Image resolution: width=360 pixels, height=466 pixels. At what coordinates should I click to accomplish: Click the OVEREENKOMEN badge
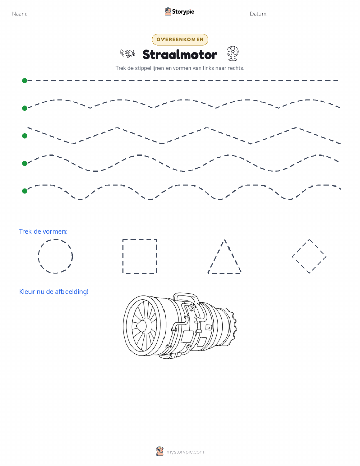(x=180, y=39)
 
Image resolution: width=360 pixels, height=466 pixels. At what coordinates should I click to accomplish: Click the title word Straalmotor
(x=180, y=55)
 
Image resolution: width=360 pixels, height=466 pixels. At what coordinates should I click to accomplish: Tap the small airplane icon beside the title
(x=127, y=53)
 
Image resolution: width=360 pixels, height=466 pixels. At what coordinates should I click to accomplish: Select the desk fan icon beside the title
(x=233, y=53)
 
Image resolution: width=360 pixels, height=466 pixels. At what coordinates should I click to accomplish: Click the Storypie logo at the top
(x=179, y=12)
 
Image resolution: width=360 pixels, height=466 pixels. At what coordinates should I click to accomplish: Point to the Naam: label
(x=20, y=14)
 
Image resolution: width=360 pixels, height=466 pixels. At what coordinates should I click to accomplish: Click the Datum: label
(x=258, y=14)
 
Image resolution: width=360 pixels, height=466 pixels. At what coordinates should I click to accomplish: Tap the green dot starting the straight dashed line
(x=25, y=80)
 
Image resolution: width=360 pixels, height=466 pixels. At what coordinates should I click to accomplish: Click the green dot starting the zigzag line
(x=25, y=136)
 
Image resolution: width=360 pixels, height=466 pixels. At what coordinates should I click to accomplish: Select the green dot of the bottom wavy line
(x=25, y=191)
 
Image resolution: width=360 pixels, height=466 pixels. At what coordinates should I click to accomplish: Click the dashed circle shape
(x=38, y=256)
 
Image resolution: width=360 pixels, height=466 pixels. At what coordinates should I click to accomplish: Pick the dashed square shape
(x=123, y=256)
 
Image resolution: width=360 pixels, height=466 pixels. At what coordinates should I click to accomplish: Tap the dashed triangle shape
(x=216, y=256)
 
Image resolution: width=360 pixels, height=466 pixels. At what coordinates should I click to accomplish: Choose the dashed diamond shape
(x=301, y=248)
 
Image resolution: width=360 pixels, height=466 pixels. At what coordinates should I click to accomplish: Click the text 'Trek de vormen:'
(x=43, y=232)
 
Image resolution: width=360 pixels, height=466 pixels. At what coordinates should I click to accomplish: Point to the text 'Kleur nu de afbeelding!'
(x=54, y=292)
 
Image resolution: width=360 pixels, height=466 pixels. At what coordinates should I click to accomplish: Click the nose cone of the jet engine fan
(x=141, y=326)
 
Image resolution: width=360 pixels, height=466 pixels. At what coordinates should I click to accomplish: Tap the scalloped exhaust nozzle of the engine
(x=231, y=327)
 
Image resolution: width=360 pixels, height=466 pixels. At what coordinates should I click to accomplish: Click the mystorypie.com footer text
(x=185, y=452)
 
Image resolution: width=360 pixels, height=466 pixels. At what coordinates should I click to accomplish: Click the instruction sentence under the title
(x=180, y=68)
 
